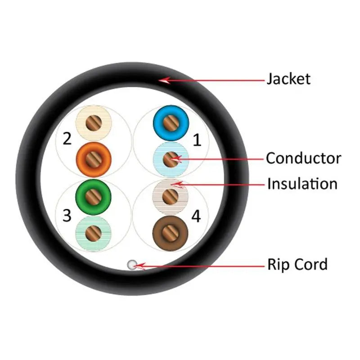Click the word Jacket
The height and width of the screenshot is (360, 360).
[288, 79]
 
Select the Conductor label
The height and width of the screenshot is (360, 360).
[303, 158]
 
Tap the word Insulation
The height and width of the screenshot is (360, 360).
[302, 184]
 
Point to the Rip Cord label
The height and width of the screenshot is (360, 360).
[297, 264]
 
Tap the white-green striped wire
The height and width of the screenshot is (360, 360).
[94, 232]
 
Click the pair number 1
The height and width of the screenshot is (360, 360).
[197, 140]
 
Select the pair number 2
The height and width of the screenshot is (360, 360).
[67, 139]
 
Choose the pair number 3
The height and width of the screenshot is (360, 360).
[67, 216]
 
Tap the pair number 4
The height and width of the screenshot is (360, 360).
[196, 216]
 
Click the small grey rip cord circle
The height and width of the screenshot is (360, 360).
[132, 265]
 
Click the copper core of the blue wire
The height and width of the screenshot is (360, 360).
[171, 122]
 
